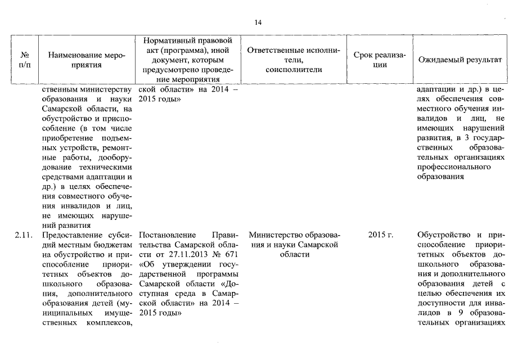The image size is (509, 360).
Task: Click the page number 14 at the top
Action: pyautogui.click(x=258, y=22)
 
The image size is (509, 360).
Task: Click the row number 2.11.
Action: pyautogui.click(x=24, y=235)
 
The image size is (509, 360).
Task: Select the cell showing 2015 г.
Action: pyautogui.click(x=380, y=235)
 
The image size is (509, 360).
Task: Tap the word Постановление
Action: pyautogui.click(x=165, y=235)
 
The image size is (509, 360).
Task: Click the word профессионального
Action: pyautogui.click(x=454, y=167)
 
